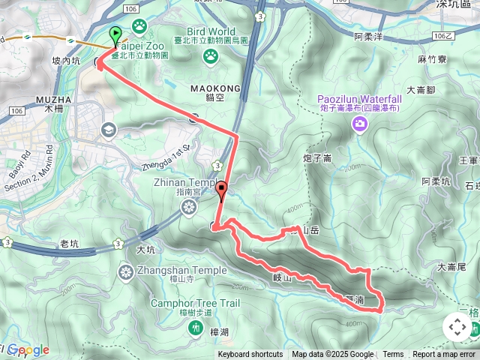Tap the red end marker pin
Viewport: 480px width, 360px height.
[x=222, y=190]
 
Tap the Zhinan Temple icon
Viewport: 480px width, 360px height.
[x=190, y=205]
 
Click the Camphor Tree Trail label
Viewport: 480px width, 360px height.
[x=195, y=303]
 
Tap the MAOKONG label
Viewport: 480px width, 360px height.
[x=216, y=88]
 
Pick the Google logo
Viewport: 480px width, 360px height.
[x=28, y=349]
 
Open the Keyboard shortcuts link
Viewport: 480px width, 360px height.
[x=250, y=355]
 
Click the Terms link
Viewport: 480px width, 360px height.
[x=393, y=355]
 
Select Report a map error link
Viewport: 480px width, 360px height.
[x=444, y=355]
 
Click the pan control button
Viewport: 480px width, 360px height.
[x=457, y=327]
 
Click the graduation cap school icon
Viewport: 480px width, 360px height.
[x=108, y=130]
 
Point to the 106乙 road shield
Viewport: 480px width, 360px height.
[x=443, y=35]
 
